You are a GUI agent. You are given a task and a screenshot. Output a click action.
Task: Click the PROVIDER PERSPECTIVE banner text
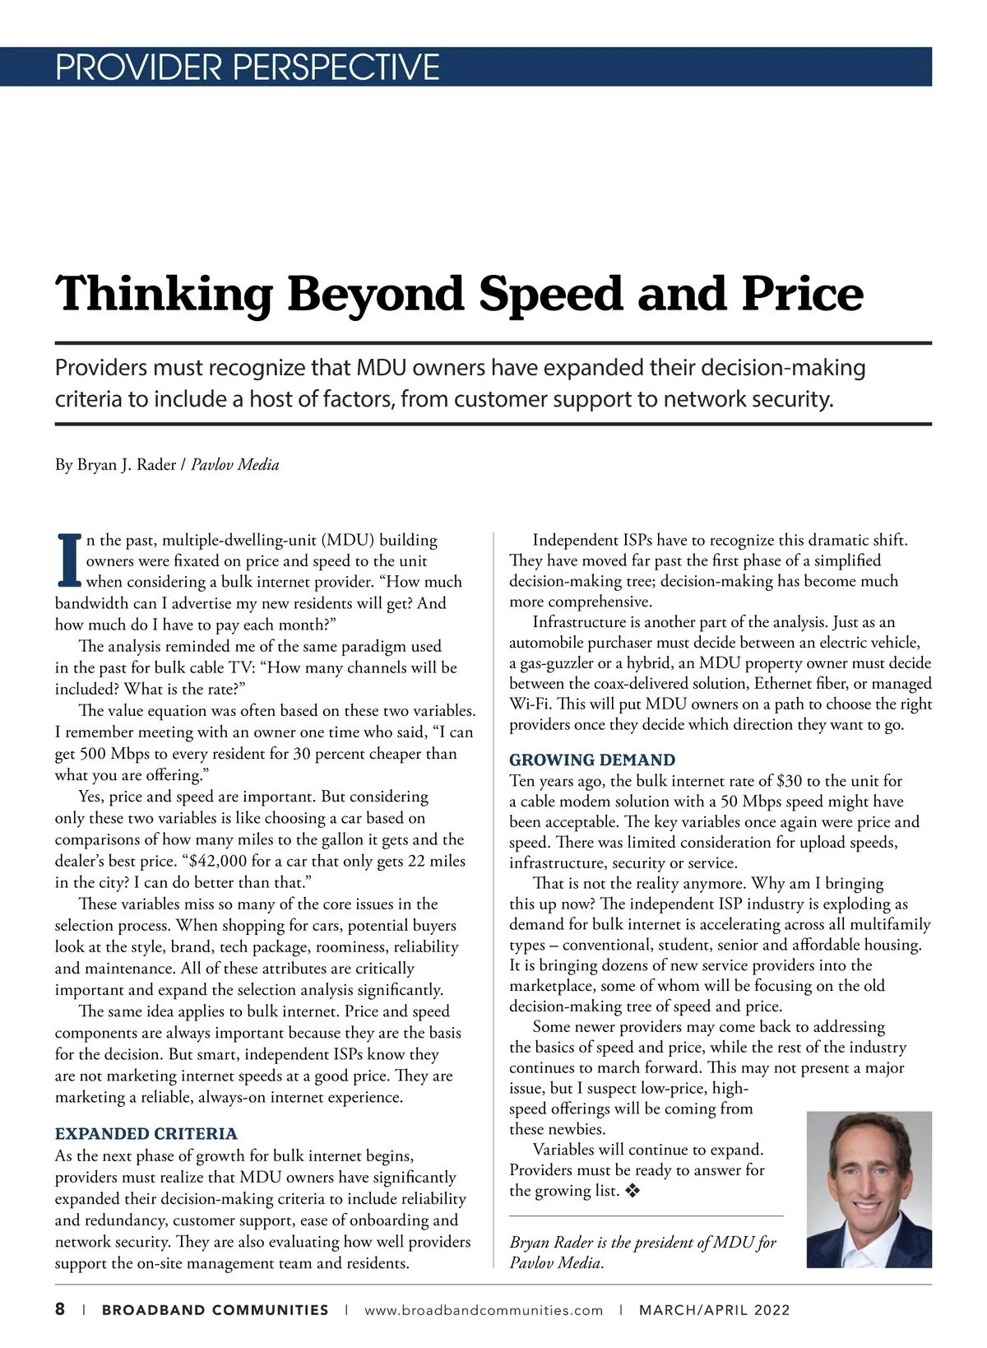click(247, 67)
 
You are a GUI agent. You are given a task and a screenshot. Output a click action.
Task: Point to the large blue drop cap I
click(69, 561)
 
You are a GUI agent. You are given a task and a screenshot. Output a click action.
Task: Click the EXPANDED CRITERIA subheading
click(146, 1134)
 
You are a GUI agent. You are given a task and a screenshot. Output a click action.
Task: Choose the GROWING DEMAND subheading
click(592, 760)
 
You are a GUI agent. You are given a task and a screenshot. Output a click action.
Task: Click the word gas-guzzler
click(556, 663)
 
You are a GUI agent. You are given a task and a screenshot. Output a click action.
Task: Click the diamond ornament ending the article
click(633, 1191)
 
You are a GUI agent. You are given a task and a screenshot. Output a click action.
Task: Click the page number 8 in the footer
click(60, 1310)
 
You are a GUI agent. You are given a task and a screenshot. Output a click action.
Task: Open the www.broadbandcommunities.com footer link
click(483, 1311)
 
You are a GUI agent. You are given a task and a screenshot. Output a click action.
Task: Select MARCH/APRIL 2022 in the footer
click(714, 1311)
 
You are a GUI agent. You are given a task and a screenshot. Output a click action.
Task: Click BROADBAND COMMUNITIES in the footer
click(215, 1311)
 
